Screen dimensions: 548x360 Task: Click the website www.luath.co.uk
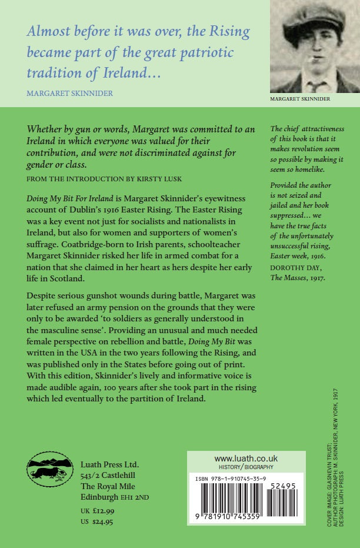[246, 458]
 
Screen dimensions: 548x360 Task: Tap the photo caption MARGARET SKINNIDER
[300, 99]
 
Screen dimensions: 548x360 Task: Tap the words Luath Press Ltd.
[109, 464]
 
